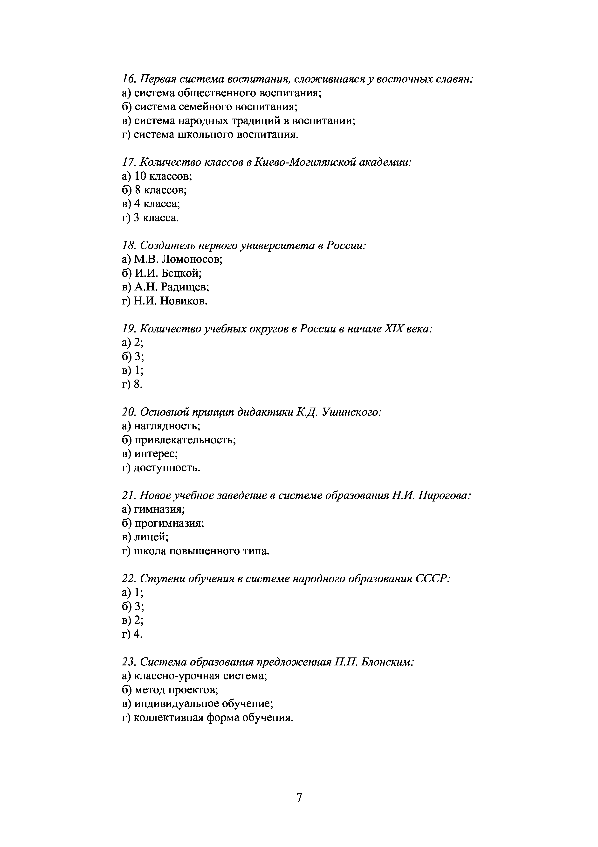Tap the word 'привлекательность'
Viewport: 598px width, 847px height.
coord(185,440)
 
